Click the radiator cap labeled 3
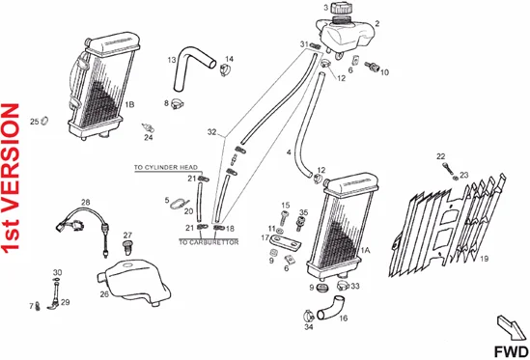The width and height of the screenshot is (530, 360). pyautogui.click(x=341, y=8)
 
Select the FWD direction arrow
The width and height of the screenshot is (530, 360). pyautogui.click(x=512, y=327)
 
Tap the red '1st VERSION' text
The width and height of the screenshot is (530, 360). pyautogui.click(x=11, y=178)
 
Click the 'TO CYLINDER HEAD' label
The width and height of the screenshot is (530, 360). pyautogui.click(x=166, y=168)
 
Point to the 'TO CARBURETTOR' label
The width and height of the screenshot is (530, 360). pyautogui.click(x=209, y=242)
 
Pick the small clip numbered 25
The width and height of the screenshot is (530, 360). pyautogui.click(x=44, y=121)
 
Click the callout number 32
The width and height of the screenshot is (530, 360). pyautogui.click(x=212, y=132)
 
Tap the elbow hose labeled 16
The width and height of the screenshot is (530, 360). pyautogui.click(x=328, y=308)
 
